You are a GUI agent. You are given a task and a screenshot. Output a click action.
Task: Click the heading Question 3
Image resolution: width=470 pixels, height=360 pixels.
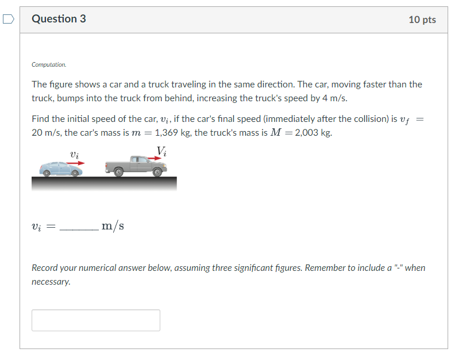click(59, 19)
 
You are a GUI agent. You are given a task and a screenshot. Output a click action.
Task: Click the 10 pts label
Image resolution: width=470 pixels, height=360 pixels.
click(422, 20)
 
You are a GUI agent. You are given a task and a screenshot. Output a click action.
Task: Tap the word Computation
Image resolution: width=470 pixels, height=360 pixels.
click(49, 65)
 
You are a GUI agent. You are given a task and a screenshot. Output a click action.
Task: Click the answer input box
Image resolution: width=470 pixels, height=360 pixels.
click(95, 320)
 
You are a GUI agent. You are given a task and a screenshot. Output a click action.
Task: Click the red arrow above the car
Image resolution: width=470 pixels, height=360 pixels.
click(74, 163)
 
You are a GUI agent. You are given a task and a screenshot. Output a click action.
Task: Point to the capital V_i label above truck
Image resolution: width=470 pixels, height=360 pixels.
click(162, 151)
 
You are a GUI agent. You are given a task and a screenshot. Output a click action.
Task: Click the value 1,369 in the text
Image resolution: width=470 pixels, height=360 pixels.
click(168, 133)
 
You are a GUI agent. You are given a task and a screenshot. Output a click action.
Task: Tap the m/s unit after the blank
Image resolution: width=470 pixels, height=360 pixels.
click(113, 226)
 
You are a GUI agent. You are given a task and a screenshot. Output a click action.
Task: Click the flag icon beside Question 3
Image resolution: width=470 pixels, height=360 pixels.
click(7, 20)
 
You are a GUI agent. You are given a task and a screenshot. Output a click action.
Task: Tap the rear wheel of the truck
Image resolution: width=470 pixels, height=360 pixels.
click(118, 171)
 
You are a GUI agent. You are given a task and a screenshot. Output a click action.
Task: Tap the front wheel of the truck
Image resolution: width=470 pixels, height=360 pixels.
click(157, 171)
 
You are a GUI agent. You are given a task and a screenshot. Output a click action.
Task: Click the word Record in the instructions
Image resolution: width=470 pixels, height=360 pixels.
click(45, 268)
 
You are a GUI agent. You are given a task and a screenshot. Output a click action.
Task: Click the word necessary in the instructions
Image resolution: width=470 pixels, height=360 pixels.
click(51, 282)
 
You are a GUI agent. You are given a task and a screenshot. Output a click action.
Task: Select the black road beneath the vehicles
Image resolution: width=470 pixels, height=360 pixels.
click(104, 183)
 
